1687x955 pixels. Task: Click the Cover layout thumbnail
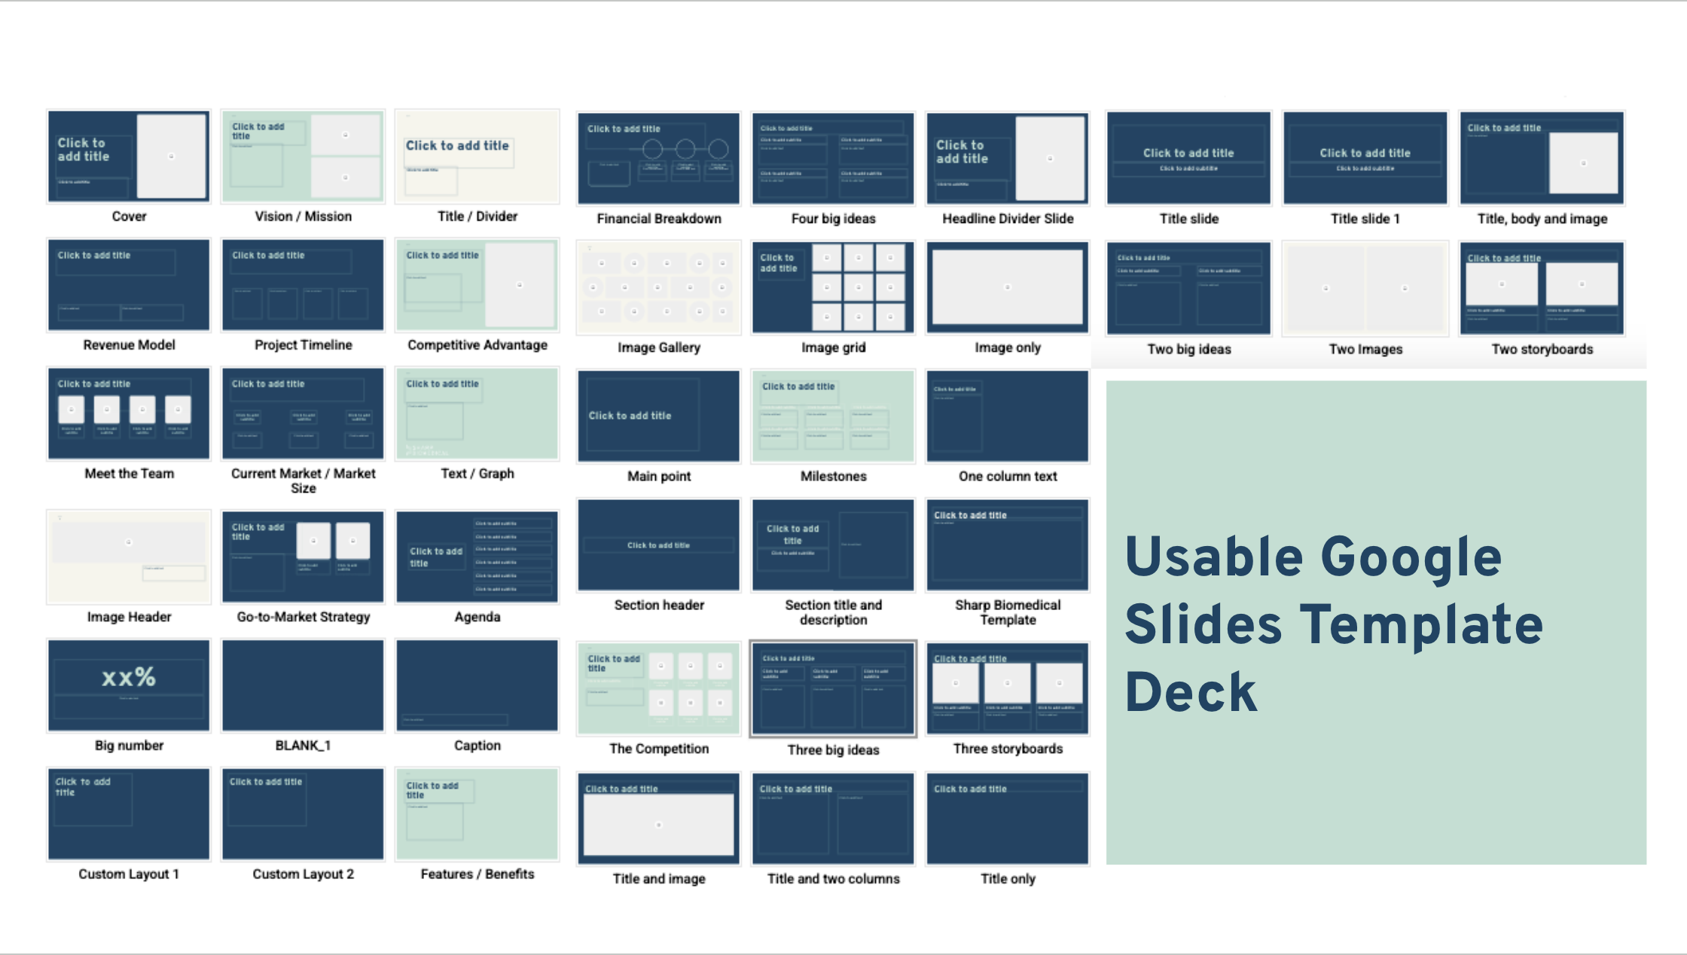129,157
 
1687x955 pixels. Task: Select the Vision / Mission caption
303,217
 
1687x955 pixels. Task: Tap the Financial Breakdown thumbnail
658,158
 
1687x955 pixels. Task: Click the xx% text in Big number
129,677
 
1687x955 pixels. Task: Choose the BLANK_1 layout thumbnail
303,685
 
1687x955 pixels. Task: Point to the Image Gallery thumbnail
658,288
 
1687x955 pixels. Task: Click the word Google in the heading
1411,557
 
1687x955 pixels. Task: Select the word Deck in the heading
1191,693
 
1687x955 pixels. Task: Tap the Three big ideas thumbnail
833,688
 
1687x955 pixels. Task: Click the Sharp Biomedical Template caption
1008,612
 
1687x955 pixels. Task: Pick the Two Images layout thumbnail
1365,288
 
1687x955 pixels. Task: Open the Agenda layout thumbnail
477,557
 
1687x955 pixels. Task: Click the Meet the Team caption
129,474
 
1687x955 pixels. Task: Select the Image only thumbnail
1008,287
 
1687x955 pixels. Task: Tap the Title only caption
1008,879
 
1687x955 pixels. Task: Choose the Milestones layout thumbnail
833,416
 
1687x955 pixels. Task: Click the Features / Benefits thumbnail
477,814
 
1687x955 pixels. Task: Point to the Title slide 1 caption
1365,219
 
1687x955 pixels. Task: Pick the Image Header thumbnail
129,557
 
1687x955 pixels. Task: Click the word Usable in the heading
1213,557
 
